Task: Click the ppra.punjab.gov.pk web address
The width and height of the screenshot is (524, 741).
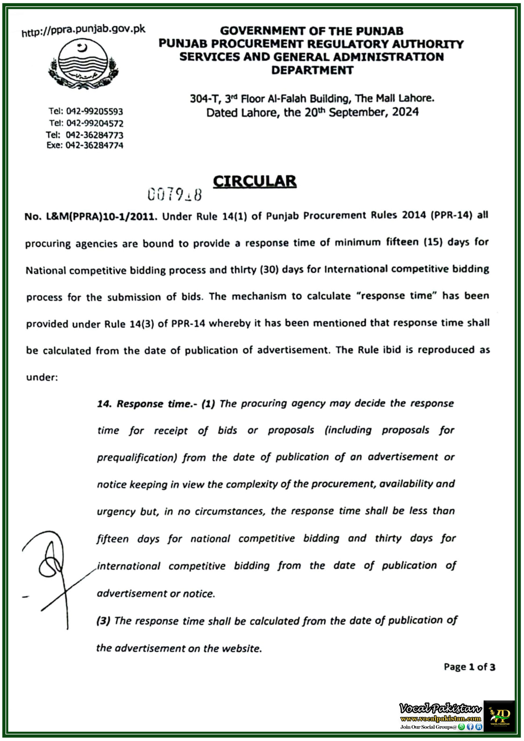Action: tap(83, 31)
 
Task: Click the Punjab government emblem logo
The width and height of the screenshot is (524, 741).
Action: tap(83, 64)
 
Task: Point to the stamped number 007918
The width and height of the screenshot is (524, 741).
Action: tap(175, 195)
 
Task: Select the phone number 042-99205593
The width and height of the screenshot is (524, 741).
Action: tap(94, 111)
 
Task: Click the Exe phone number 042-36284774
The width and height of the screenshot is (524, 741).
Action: tap(94, 145)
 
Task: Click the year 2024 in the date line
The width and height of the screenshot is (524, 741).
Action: tap(405, 112)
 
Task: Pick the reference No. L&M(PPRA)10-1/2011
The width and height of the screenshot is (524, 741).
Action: tap(91, 216)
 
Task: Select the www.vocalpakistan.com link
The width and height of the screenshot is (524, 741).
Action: tap(440, 718)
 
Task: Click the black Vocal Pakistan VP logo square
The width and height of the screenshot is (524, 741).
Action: tap(499, 716)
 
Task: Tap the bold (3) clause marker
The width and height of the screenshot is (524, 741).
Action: tap(103, 621)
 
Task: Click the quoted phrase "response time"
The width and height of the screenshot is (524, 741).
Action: tap(396, 296)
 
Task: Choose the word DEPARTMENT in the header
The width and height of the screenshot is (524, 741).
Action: tap(312, 70)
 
